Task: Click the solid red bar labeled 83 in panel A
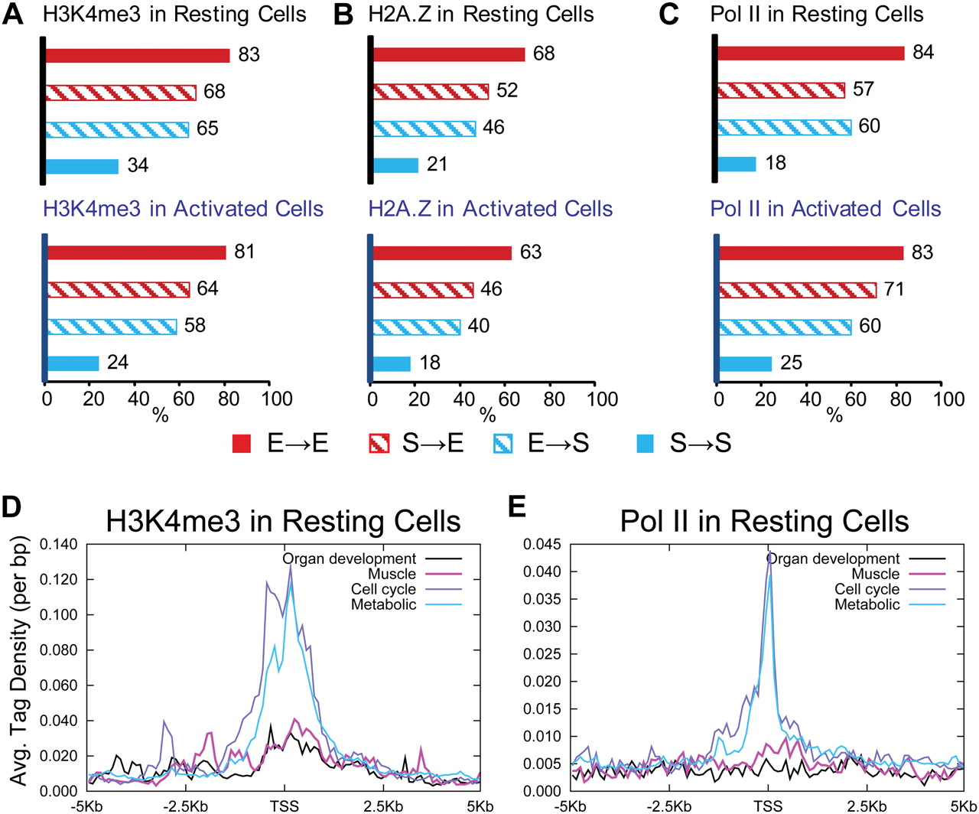(x=138, y=55)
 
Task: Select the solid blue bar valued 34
(x=82, y=166)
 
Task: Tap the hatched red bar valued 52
(x=431, y=91)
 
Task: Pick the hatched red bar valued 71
(x=797, y=290)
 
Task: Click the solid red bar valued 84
(x=811, y=53)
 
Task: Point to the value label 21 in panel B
(x=437, y=164)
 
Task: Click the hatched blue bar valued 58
(x=112, y=327)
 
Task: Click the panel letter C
(x=668, y=14)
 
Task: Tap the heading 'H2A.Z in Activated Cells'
(x=490, y=209)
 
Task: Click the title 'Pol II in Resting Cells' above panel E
(x=764, y=521)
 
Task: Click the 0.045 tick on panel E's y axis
(x=541, y=545)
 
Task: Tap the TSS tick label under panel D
(x=284, y=806)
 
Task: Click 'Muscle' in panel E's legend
(x=876, y=574)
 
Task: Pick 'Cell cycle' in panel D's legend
(x=383, y=589)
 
